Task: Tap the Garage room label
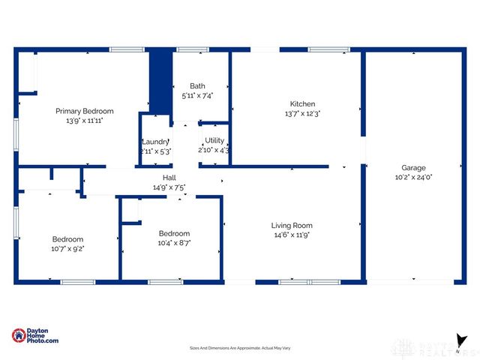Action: coord(413,168)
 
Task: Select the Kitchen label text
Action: coord(302,104)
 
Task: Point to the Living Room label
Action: coord(292,225)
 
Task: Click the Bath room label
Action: coord(197,86)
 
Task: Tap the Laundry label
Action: coord(156,141)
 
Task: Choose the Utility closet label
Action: coord(214,140)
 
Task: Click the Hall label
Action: coord(169,178)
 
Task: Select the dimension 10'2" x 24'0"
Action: coord(413,178)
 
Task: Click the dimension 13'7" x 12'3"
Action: coord(302,114)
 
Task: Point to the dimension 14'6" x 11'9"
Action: coord(292,235)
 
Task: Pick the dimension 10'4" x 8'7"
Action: coord(174,243)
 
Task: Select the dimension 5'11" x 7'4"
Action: coord(197,96)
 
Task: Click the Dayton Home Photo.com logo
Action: coord(35,336)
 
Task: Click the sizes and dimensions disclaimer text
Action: coord(239,348)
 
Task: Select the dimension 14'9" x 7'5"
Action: coord(169,187)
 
